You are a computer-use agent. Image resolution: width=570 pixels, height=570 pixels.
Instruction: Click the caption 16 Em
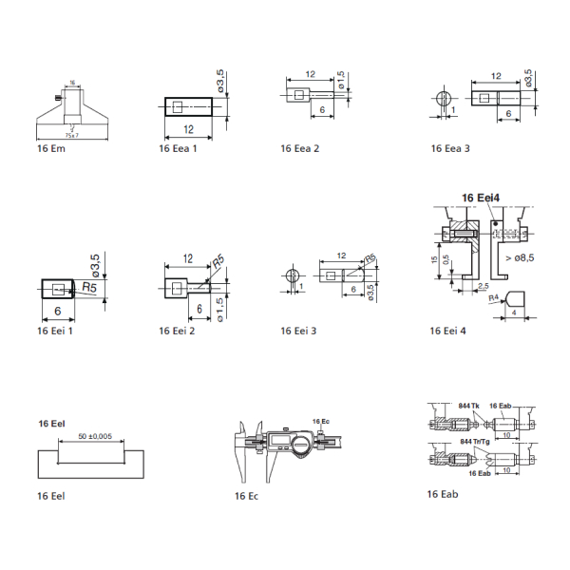point(51,149)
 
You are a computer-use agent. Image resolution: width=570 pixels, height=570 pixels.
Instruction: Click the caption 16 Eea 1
point(178,149)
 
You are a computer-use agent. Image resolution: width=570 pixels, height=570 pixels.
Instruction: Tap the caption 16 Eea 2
point(300,149)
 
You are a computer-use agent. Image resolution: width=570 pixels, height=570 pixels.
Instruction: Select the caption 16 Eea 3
point(449,149)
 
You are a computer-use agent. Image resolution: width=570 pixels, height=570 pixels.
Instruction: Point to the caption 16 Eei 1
point(56,331)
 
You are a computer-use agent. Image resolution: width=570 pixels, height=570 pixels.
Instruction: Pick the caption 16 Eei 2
point(178,331)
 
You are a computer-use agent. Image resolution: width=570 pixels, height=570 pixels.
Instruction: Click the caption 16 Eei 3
point(299,331)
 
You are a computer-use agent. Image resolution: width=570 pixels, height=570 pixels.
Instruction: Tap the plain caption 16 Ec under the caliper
point(246,496)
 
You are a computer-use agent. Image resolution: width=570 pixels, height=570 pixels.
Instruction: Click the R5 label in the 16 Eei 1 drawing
point(90,286)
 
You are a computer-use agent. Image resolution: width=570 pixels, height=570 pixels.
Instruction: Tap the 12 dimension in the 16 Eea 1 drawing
point(189,128)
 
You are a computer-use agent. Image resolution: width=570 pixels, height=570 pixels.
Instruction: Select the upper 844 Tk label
point(469,404)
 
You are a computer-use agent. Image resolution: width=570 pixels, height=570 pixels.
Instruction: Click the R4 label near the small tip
point(493,298)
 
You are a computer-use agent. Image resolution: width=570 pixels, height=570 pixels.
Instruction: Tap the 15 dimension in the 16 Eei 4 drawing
point(434,257)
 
